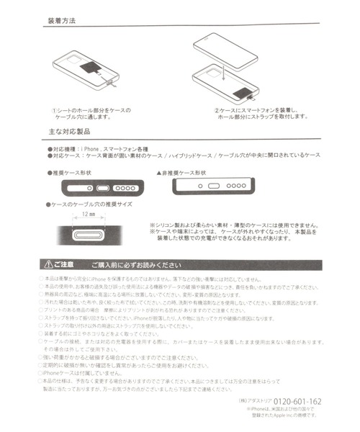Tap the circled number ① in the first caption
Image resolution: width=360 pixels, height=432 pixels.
[x=55, y=110]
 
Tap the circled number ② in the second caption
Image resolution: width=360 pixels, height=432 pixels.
[x=216, y=110]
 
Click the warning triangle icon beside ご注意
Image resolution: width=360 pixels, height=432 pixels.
[x=48, y=264]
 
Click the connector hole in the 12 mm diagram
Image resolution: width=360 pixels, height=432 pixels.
[x=89, y=234]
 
